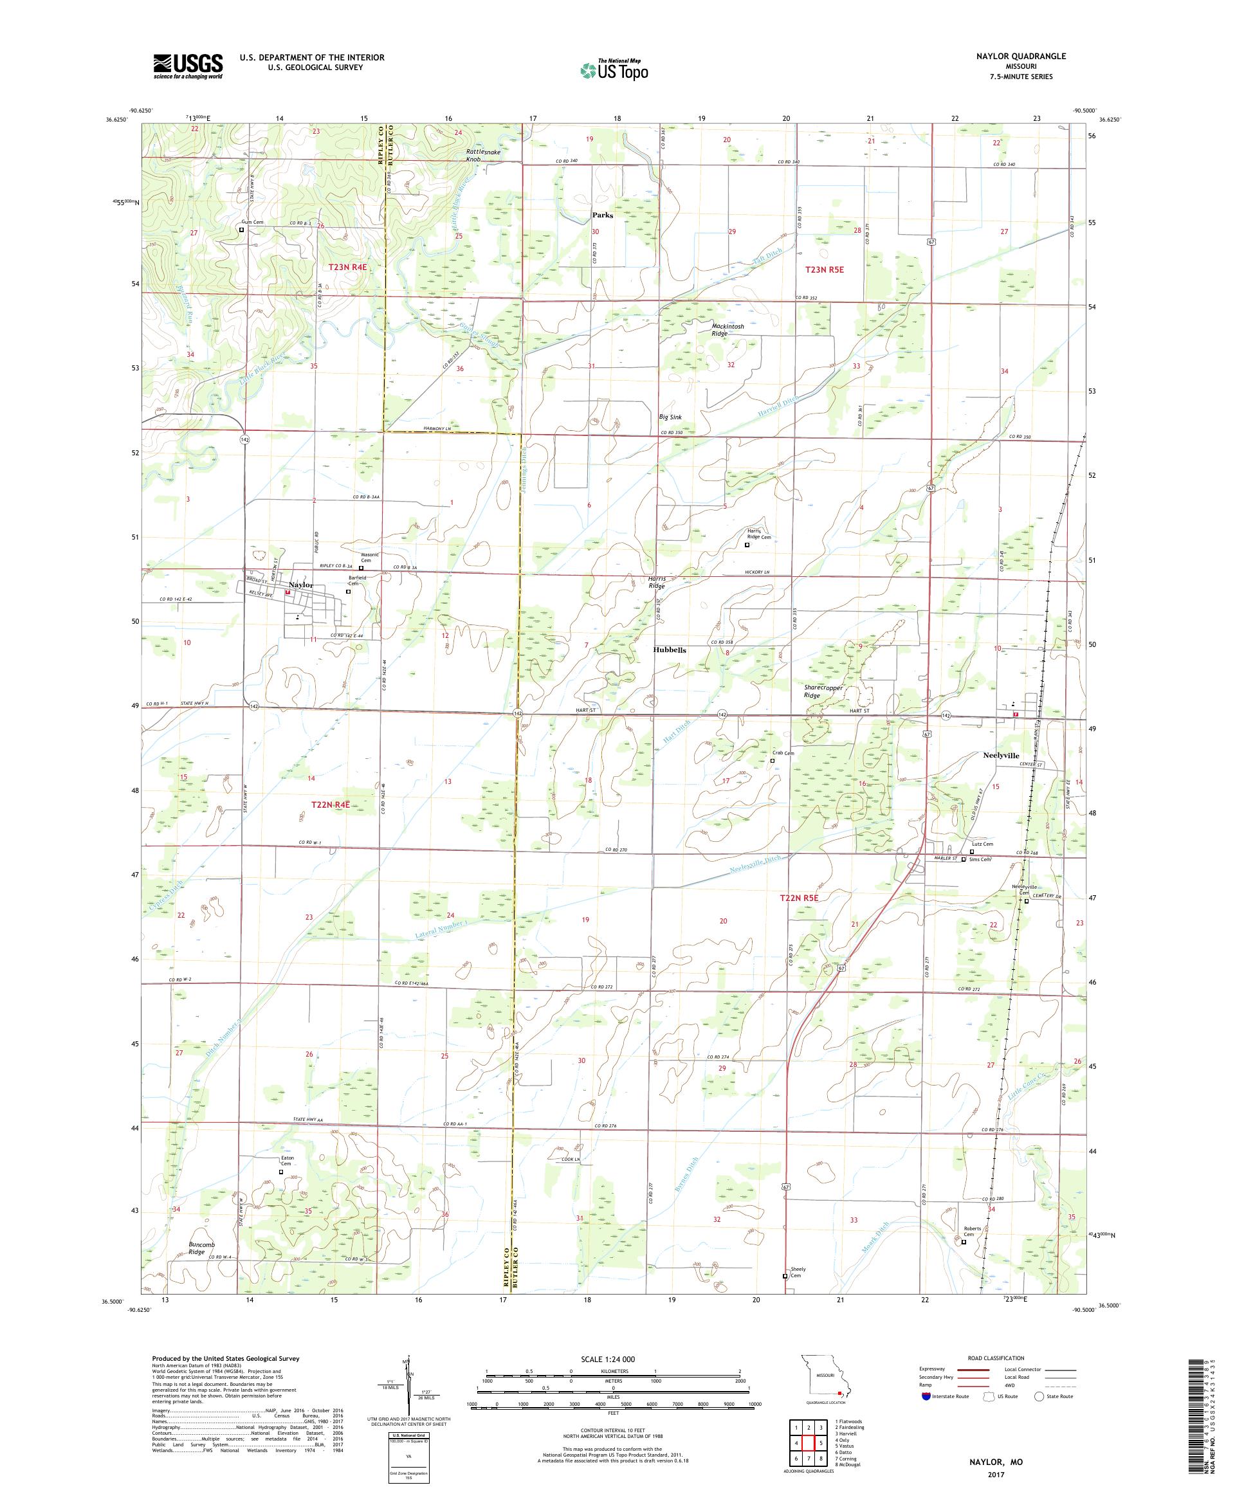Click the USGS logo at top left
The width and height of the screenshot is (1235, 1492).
click(x=188, y=66)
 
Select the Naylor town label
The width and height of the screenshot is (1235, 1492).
click(x=301, y=585)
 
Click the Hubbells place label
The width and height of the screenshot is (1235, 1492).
click(x=670, y=650)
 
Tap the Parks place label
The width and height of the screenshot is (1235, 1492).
click(x=603, y=215)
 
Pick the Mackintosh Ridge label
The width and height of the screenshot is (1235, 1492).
click(x=727, y=330)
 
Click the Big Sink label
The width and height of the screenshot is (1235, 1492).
click(x=670, y=417)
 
